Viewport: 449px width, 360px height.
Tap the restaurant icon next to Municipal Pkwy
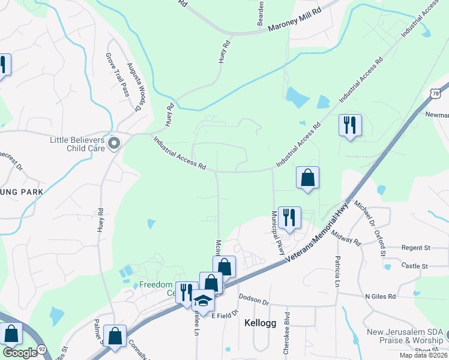(x=289, y=218)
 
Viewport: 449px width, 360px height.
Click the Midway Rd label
(x=345, y=237)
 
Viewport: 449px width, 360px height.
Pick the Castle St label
(x=415, y=265)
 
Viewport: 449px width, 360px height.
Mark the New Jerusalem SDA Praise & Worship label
(x=407, y=336)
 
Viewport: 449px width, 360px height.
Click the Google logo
(x=20, y=352)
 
